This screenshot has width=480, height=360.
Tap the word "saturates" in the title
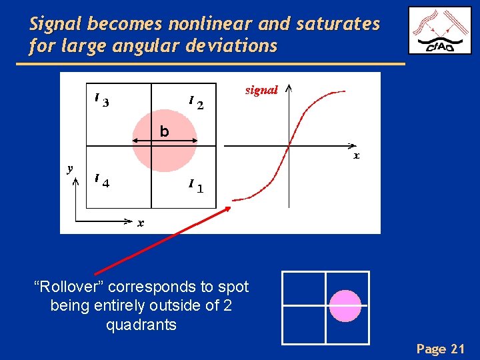pos(338,25)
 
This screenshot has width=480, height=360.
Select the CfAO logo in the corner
pos(439,31)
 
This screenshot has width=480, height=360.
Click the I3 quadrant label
pos(101,101)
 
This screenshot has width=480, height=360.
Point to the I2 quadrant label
pos(195,102)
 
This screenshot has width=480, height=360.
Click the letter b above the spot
pos(164,132)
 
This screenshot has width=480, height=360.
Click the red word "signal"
pos(261,90)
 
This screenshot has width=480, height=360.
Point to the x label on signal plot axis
pos(356,156)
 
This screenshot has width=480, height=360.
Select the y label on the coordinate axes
pos(70,168)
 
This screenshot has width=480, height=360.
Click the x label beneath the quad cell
pos(141,223)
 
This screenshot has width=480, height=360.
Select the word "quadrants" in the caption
pos(141,325)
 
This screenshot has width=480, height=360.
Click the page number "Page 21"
pos(440,348)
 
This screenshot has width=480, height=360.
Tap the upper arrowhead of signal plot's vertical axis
pos(289,87)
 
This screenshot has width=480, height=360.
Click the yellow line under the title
pos(210,63)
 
